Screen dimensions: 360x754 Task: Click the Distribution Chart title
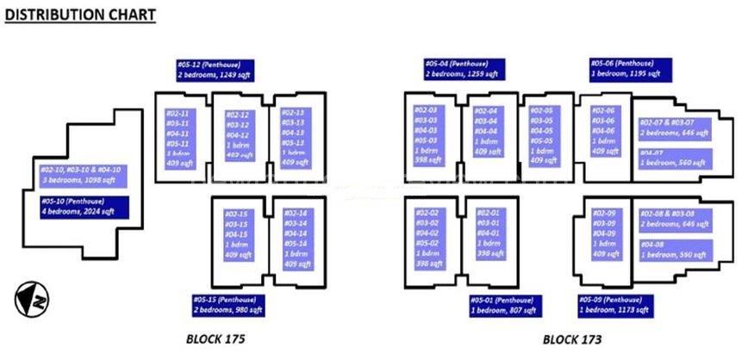coord(81,15)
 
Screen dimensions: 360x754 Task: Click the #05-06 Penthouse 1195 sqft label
coord(626,69)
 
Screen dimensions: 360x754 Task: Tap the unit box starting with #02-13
coord(297,137)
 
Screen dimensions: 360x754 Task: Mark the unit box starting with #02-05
coord(545,137)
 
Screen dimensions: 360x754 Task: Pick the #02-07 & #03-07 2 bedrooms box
coord(676,129)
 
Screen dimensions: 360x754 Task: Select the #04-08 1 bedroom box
coord(676,251)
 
